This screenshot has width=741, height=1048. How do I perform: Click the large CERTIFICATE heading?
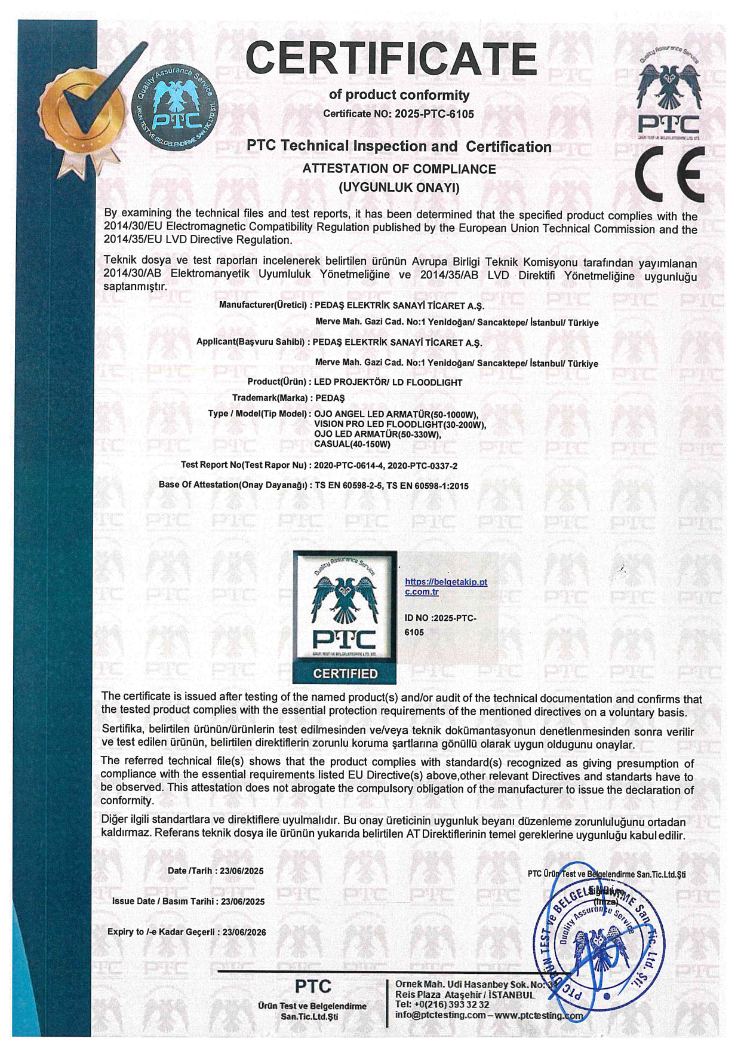[x=391, y=59]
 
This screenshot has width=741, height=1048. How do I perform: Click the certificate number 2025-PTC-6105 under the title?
[x=434, y=114]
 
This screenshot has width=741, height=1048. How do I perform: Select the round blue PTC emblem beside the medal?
[x=174, y=108]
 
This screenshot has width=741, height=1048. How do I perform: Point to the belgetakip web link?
[x=445, y=587]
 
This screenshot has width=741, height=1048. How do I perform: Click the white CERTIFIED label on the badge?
[x=345, y=674]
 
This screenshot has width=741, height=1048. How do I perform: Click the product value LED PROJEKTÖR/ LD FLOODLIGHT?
[x=388, y=382]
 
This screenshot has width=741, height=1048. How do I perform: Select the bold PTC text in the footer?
[x=313, y=986]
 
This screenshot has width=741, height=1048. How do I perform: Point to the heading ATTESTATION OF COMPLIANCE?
[x=399, y=169]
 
